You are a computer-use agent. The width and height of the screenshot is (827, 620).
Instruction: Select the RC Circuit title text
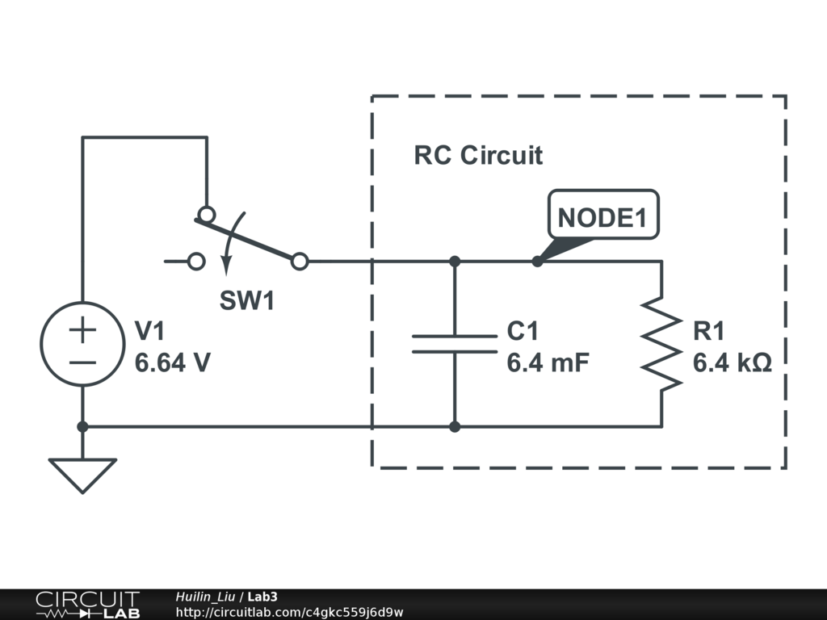point(478,155)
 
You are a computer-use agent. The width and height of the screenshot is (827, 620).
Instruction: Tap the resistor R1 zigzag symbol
point(661,345)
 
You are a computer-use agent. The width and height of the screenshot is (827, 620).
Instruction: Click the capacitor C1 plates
point(455,344)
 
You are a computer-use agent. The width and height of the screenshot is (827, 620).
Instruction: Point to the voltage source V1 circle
point(82,344)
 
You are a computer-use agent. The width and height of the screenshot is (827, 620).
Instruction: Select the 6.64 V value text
point(173,362)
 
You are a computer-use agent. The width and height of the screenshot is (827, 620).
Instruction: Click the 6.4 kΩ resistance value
point(733,362)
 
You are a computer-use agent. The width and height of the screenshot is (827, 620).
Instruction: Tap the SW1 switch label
point(247,301)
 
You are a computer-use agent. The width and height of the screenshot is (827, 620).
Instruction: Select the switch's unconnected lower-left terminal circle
point(195,262)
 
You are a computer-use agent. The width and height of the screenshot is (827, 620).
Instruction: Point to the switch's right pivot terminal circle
point(300,261)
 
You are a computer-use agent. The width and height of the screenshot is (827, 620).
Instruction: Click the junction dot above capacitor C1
point(455,262)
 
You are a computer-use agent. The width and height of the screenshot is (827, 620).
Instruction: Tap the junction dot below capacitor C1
point(455,426)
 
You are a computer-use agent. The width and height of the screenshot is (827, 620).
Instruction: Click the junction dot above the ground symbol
point(82,426)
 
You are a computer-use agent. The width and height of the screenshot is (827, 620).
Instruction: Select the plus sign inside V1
point(82,329)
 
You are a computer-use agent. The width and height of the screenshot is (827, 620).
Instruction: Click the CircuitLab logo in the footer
point(86,605)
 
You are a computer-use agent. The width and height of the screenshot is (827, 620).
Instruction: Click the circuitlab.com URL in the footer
point(288,612)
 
